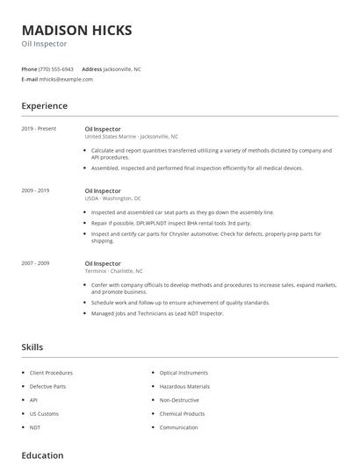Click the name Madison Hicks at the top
click(77, 30)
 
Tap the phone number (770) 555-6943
click(57, 68)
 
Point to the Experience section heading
click(44, 106)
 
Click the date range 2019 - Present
click(39, 129)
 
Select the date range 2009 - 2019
click(35, 190)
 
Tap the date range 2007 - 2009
click(35, 263)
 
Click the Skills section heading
click(32, 347)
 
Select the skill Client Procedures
click(51, 373)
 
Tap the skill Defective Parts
click(47, 386)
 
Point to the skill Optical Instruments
click(184, 373)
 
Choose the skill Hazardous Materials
click(184, 386)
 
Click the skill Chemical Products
click(182, 413)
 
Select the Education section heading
click(42, 455)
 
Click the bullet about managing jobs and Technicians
click(157, 313)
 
